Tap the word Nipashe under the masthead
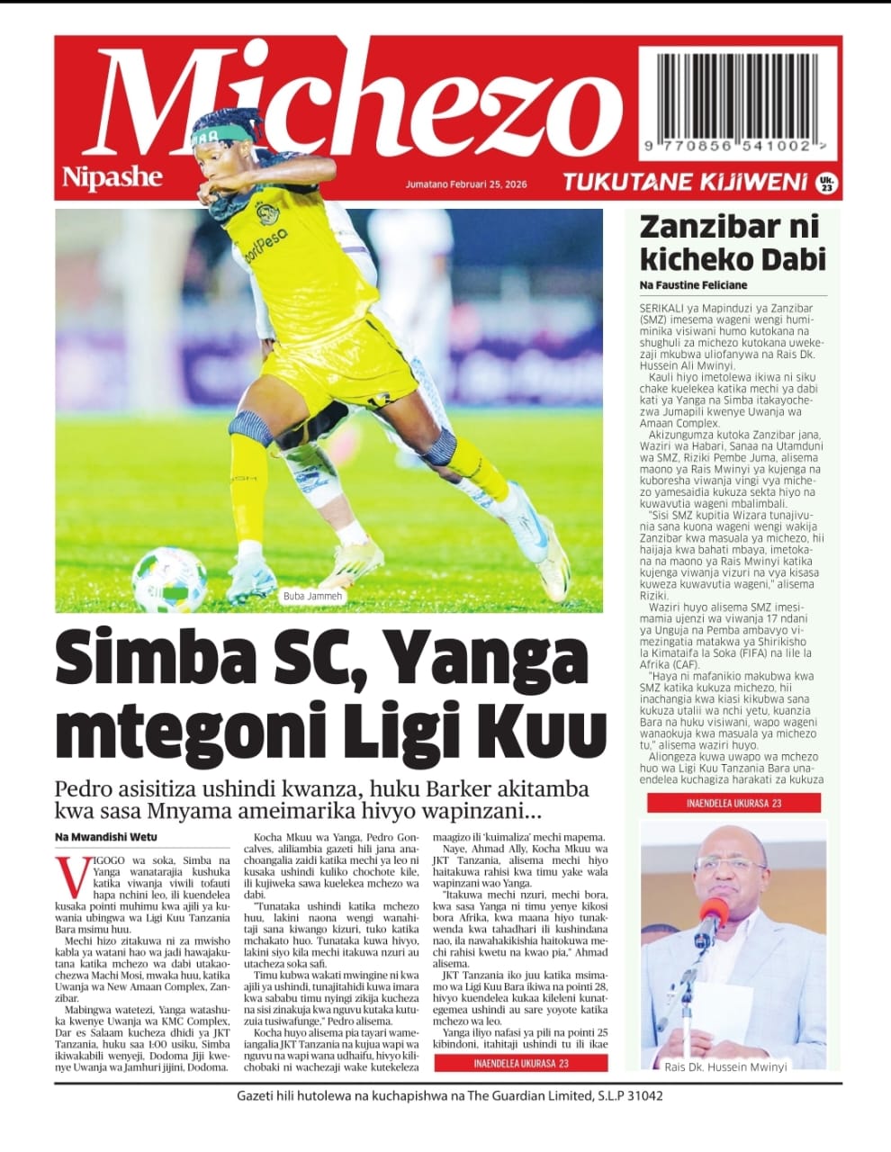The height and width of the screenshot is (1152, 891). pyautogui.click(x=112, y=177)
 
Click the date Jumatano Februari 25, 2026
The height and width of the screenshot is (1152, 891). pyautogui.click(x=465, y=184)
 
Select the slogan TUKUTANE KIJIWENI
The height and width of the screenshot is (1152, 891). pyautogui.click(x=684, y=183)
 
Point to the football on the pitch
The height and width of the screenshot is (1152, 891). pyautogui.click(x=168, y=579)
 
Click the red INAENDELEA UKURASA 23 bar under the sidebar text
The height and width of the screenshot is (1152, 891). pyautogui.click(x=733, y=803)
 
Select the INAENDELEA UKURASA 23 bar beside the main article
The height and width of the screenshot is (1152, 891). pyautogui.click(x=521, y=1063)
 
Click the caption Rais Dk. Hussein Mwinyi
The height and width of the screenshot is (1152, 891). pyautogui.click(x=725, y=1066)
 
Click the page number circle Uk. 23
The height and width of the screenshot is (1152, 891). pyautogui.click(x=826, y=184)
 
